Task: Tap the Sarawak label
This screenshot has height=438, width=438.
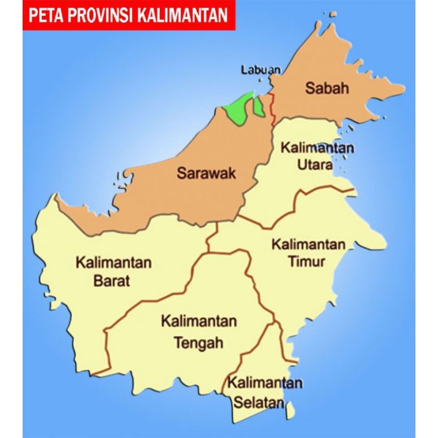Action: click(x=206, y=173)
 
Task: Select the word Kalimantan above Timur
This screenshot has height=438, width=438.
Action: click(x=309, y=245)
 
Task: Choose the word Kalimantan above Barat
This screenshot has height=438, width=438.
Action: click(x=113, y=264)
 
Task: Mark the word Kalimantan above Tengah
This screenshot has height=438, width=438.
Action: click(x=199, y=321)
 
